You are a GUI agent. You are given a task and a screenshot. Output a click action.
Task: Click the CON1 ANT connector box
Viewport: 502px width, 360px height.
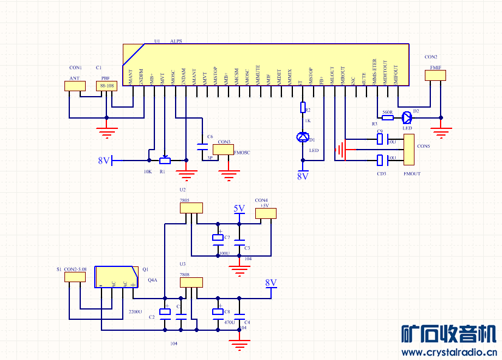tap(75, 86)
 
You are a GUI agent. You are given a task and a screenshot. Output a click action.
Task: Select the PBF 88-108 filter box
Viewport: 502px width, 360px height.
tap(107, 86)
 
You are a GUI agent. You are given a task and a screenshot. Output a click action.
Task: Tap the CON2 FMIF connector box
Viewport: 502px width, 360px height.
tap(435, 75)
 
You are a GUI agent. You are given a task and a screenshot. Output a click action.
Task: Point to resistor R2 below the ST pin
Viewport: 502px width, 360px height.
tap(303, 108)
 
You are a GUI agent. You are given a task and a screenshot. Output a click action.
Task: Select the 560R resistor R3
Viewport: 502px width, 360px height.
tap(387, 118)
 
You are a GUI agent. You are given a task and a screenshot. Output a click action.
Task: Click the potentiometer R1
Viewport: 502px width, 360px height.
tap(165, 161)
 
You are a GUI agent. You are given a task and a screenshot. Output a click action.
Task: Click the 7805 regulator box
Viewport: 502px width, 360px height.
tap(191, 208)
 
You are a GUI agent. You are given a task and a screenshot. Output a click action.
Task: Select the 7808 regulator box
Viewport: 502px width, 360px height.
tap(191, 282)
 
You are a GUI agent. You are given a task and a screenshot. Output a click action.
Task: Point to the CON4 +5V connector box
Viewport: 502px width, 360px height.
tap(266, 213)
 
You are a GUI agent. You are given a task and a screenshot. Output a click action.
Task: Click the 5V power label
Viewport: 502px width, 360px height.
tap(239, 209)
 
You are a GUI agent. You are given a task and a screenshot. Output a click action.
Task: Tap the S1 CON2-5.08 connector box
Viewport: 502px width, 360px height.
tap(75, 277)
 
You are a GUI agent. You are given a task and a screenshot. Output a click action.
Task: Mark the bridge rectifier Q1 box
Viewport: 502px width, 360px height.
tap(116, 277)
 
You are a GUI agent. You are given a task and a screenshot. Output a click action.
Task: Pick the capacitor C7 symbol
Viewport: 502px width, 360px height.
tap(218, 238)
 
